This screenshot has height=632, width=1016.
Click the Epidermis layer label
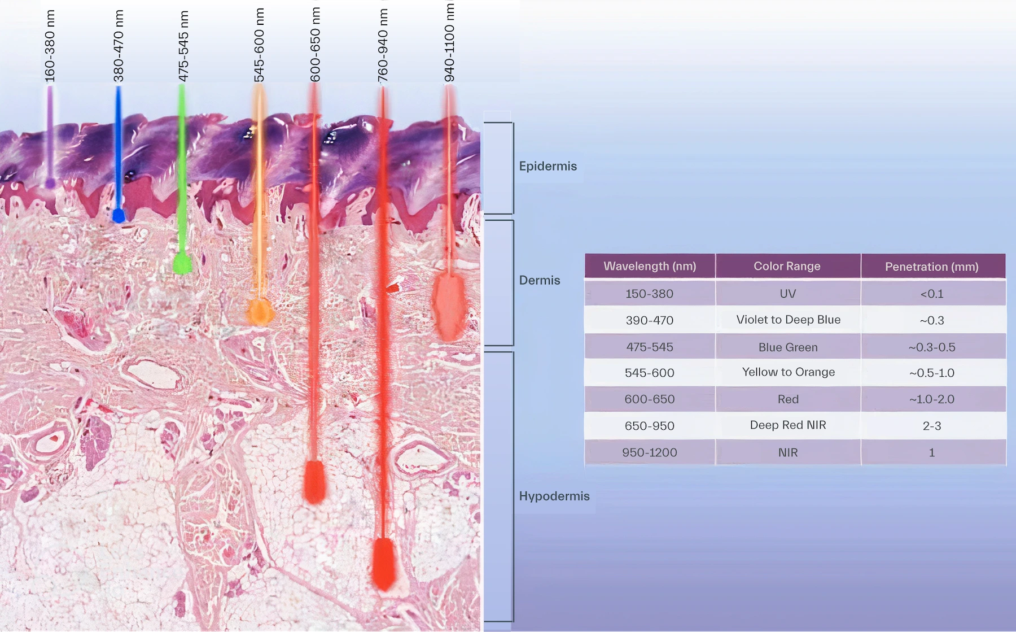coord(548,166)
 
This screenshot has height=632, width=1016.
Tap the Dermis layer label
coord(540,280)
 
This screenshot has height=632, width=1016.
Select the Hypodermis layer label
coord(554,496)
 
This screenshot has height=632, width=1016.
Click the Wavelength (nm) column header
coord(650,266)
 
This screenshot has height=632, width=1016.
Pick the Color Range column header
coord(787,266)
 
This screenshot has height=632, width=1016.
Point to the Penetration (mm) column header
coord(932,267)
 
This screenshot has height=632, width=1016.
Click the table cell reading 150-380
coord(649,294)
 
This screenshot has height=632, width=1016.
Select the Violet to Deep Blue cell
coord(788,320)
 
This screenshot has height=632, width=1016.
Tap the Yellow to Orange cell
coord(788,372)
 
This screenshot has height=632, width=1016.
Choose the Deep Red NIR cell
coord(788,425)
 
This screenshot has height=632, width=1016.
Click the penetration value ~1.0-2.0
coord(931,399)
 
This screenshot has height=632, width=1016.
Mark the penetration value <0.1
coord(931,294)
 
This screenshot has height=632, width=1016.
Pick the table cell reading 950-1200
coord(649,452)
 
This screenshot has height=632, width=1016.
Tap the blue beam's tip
coord(119,215)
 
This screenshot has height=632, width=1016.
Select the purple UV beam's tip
coord(50,183)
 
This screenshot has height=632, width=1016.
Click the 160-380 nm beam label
coord(50,46)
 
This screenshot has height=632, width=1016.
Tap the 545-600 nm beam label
coord(259,45)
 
